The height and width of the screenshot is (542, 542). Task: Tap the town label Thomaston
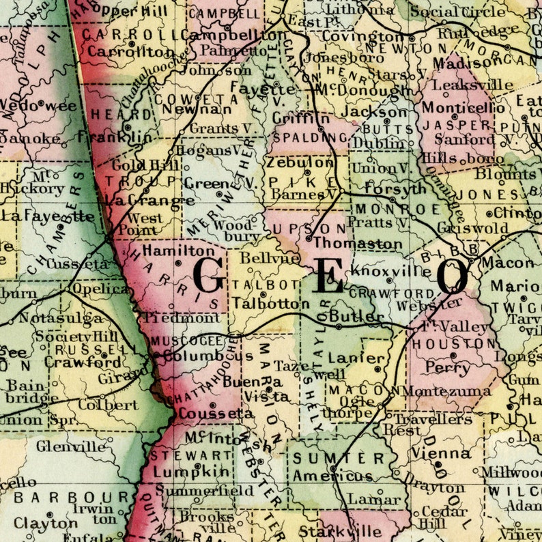click(x=358, y=244)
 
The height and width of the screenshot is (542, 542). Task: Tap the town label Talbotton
click(x=266, y=303)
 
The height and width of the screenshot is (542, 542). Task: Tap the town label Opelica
click(x=101, y=288)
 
